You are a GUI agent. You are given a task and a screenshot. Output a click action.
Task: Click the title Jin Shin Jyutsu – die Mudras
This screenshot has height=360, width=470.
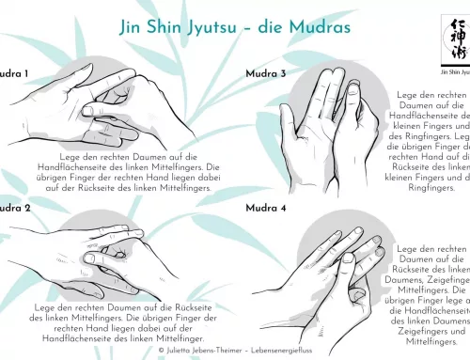234,26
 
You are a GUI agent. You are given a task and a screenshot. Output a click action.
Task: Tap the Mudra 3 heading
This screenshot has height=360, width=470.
267,73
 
